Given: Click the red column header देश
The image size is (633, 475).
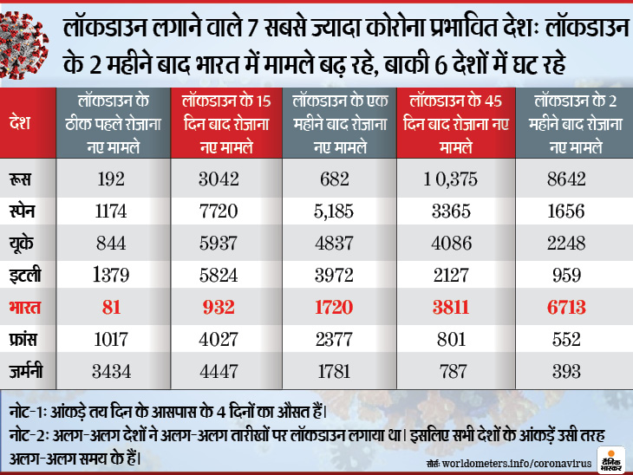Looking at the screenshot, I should (21, 123).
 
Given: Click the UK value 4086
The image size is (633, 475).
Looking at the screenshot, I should (454, 244).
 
